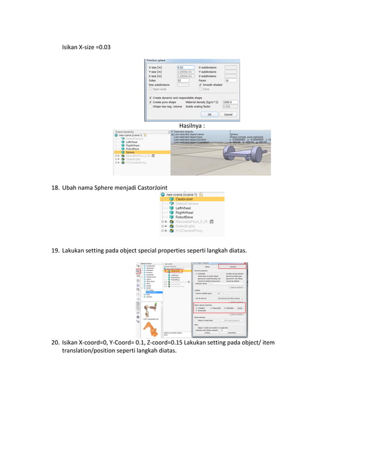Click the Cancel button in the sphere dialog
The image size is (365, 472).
point(228,114)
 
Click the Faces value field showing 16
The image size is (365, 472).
point(231,81)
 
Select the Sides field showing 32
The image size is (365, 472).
point(183,81)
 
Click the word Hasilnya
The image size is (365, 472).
point(190,125)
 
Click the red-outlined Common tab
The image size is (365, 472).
point(232,266)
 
